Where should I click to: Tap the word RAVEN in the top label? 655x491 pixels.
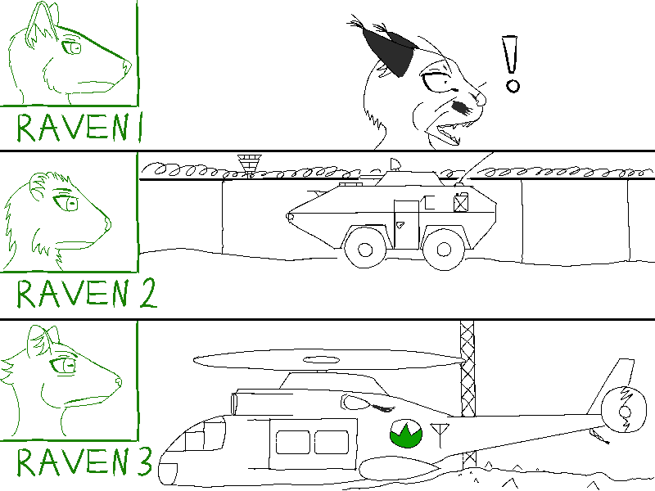tap(72, 127)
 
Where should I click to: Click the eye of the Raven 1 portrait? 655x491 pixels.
tap(71, 47)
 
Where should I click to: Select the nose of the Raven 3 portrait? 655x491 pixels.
tap(118, 381)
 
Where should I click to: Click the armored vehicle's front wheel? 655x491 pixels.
tap(364, 250)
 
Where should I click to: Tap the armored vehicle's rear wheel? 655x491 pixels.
tap(444, 250)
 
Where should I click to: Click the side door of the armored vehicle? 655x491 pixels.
tap(406, 224)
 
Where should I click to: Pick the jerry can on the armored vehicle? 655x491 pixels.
tap(461, 202)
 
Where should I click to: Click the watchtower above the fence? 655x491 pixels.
tap(250, 165)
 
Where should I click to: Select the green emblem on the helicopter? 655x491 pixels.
tap(405, 434)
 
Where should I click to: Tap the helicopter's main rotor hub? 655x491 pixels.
tap(320, 360)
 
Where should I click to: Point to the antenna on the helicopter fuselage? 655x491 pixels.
tap(440, 435)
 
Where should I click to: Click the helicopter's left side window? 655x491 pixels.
tap(292, 442)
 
